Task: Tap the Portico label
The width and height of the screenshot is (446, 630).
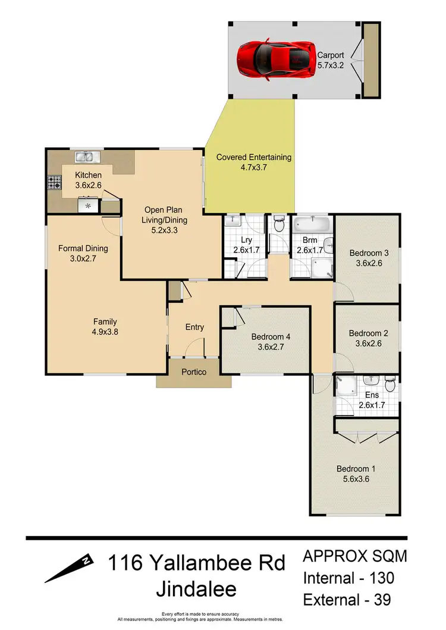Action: click(x=194, y=372)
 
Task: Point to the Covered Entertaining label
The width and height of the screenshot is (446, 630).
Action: click(x=254, y=157)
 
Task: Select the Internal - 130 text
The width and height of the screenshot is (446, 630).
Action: click(x=348, y=577)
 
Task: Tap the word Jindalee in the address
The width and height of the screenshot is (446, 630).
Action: click(x=196, y=589)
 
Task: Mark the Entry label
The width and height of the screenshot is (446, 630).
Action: click(x=194, y=327)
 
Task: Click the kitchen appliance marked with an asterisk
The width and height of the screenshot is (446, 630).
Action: click(x=88, y=206)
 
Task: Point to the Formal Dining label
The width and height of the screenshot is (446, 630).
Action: click(x=82, y=248)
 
